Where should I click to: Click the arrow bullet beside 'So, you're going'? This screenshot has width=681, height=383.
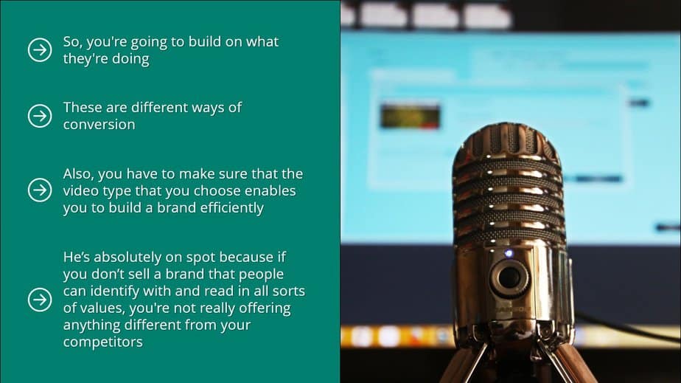tap(39, 50)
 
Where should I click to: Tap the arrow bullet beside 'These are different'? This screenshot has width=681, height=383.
tap(39, 116)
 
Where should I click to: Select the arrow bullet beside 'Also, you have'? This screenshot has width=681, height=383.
tap(39, 190)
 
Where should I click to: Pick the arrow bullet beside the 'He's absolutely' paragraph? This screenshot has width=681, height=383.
tap(39, 300)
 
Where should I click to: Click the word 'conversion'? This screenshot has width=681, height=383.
tap(99, 125)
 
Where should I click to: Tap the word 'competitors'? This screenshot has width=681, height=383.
tap(102, 342)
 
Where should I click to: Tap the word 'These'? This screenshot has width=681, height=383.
tap(83, 108)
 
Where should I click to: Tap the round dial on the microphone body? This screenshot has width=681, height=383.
tap(509, 279)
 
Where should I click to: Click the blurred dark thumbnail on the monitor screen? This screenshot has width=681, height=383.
tap(410, 116)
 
